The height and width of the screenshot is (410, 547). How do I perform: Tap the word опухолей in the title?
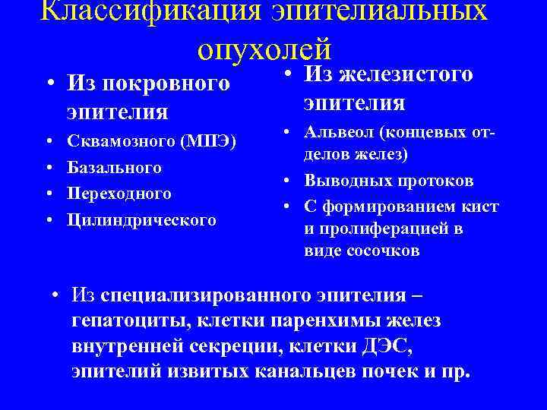(264, 49)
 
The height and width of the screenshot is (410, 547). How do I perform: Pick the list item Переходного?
(119, 193)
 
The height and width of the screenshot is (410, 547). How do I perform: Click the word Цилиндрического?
(141, 220)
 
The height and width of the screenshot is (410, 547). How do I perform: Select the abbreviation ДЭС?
(390, 346)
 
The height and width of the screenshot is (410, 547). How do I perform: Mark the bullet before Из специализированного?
(55, 295)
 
